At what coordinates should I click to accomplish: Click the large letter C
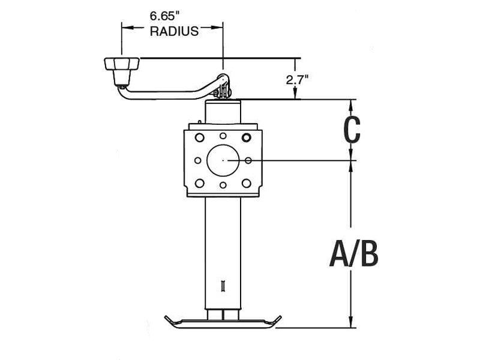click(351, 130)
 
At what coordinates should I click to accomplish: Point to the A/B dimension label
click(354, 254)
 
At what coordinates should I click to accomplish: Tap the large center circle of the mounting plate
click(223, 160)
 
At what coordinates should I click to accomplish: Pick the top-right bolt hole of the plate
click(246, 137)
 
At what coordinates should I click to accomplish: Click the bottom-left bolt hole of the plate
click(200, 183)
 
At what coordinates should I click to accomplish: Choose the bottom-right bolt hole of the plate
click(246, 183)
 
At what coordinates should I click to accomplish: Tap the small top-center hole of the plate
click(223, 136)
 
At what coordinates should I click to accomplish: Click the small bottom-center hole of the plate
click(223, 185)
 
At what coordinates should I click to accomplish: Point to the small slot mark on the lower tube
click(223, 286)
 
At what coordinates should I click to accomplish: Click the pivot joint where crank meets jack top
click(223, 86)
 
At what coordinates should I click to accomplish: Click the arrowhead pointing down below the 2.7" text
click(295, 95)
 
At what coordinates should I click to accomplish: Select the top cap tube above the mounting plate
click(223, 112)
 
